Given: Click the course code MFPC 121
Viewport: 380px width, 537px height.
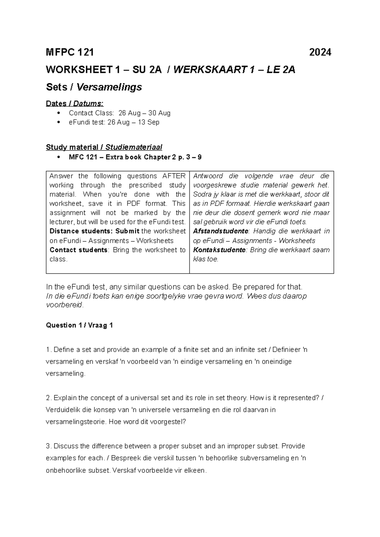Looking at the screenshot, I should tap(70, 52).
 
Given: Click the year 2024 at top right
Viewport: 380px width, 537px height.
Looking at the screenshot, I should tap(320, 52).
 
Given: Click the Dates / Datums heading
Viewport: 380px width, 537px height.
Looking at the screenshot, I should tap(75, 104).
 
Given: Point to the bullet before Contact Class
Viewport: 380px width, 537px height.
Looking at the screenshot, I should tap(58, 113).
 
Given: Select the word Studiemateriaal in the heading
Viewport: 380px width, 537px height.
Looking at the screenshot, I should tap(134, 147).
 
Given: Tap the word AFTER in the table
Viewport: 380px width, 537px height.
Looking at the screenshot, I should tap(174, 176).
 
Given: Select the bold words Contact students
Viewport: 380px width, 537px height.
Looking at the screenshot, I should tap(79, 250).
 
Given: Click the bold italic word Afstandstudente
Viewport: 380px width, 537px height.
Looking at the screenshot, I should tap(221, 231).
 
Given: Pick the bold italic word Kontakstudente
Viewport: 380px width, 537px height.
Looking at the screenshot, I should tap(219, 250).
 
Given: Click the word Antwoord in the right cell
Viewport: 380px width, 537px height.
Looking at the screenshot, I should tap(208, 176).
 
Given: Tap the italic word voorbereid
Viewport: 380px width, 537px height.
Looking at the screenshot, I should tap(64, 305).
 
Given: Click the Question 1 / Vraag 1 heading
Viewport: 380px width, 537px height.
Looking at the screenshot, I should tap(79, 325).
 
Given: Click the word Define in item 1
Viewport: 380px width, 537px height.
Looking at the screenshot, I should tap(63, 350).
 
